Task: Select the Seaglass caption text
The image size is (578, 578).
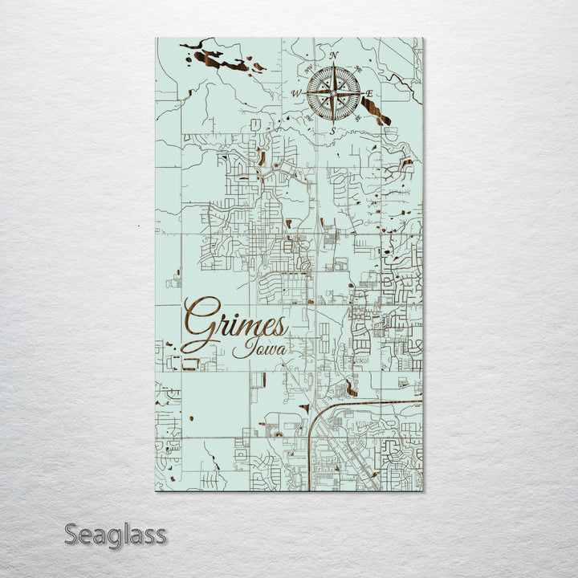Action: click(x=116, y=534)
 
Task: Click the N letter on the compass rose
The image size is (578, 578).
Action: click(x=333, y=55)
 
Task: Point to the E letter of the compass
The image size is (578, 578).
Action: click(x=370, y=94)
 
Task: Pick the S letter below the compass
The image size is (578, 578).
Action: click(x=332, y=131)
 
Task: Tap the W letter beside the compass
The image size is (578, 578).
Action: click(x=295, y=94)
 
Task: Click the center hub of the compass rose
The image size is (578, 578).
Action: click(x=333, y=93)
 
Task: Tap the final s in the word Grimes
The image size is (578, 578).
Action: click(x=279, y=328)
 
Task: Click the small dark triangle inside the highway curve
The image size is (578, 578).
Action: click(x=305, y=409)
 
